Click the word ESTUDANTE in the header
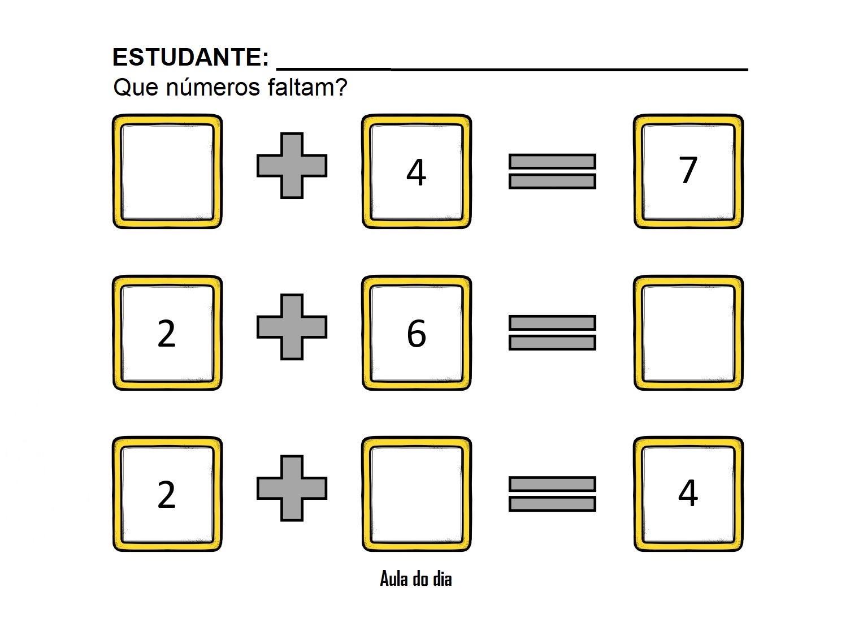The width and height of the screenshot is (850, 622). (190, 57)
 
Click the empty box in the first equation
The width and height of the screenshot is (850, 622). (167, 171)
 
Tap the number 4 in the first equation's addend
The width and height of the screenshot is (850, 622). (416, 172)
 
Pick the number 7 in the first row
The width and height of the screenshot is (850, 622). (688, 170)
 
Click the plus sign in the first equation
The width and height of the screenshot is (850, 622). (292, 166)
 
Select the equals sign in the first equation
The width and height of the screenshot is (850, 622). (552, 171)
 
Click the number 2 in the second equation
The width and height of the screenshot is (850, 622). (166, 334)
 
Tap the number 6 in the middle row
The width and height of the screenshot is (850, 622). (416, 334)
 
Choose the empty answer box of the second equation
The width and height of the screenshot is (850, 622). (688, 332)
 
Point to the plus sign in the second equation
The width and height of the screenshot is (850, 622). (292, 327)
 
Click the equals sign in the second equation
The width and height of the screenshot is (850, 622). (552, 332)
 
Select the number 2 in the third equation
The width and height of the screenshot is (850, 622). (166, 495)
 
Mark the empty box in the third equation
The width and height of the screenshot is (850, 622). (417, 494)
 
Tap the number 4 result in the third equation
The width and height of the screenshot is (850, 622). (688, 493)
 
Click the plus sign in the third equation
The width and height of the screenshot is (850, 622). (292, 488)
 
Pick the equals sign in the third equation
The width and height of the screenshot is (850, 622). (552, 494)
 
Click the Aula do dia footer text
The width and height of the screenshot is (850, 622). (416, 579)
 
